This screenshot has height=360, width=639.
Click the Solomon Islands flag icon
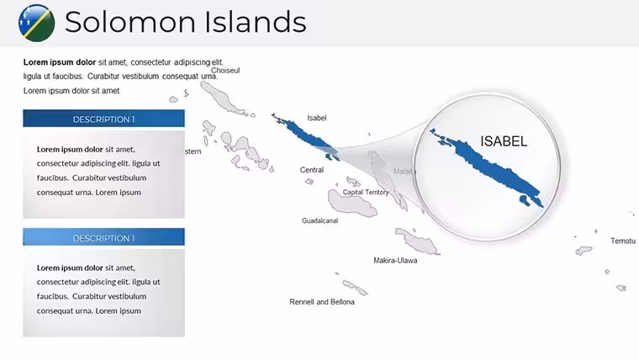click(37, 23)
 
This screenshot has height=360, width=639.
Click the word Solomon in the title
click(130, 22)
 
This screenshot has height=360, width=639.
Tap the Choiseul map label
click(225, 71)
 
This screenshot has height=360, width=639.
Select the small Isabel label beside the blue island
click(317, 118)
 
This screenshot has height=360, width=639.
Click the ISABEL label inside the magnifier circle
click(504, 141)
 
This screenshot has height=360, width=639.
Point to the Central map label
click(312, 170)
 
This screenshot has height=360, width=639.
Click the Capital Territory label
click(366, 192)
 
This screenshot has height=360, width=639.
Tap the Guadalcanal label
click(319, 220)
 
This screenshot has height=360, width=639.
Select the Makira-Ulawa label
click(395, 261)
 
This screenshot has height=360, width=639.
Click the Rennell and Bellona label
click(322, 302)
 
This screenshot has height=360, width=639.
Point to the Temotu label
click(623, 241)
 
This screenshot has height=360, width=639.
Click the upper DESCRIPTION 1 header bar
click(103, 119)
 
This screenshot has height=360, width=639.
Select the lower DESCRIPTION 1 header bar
click(103, 237)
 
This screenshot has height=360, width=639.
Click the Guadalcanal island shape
click(351, 204)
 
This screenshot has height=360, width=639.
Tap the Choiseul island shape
click(222, 98)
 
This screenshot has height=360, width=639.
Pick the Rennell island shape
click(355, 287)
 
